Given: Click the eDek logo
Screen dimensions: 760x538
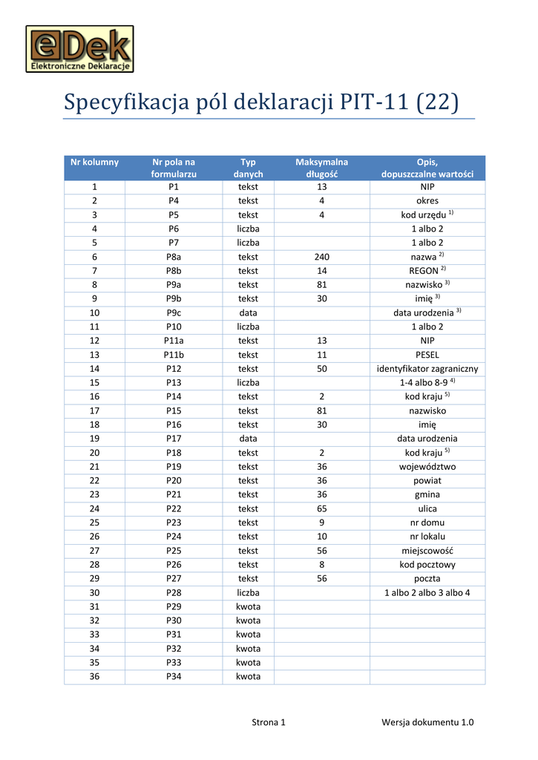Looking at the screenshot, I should pos(80,49).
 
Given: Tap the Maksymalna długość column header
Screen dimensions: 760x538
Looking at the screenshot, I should pos(321,168).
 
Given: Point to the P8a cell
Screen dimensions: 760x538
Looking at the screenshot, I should pos(174,257).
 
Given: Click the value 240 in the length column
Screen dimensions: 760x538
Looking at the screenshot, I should pos(321,257).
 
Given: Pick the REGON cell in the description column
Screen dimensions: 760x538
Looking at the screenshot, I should pos(427,271).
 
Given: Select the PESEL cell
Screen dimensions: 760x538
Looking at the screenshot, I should pos(427,355).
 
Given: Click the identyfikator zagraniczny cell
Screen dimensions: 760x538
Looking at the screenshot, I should pos(427,369).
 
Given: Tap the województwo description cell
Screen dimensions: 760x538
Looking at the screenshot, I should pos(427,467).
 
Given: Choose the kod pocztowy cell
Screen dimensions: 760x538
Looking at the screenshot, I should pos(427,565).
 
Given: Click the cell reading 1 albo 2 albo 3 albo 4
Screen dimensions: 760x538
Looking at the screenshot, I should pos(427,592).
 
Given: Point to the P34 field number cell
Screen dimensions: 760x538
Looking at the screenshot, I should pos(174,677).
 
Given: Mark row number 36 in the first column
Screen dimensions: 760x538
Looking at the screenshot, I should pos(94,677).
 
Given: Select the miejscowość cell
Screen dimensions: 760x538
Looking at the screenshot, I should pos(427,551).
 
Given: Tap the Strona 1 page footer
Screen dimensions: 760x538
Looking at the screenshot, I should pos(269,722).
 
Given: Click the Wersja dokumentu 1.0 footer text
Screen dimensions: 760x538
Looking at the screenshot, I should pos(427,722).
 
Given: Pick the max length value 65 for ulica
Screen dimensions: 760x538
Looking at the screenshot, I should pos(321,509).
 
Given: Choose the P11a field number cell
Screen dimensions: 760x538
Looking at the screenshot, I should pos(174,341).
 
